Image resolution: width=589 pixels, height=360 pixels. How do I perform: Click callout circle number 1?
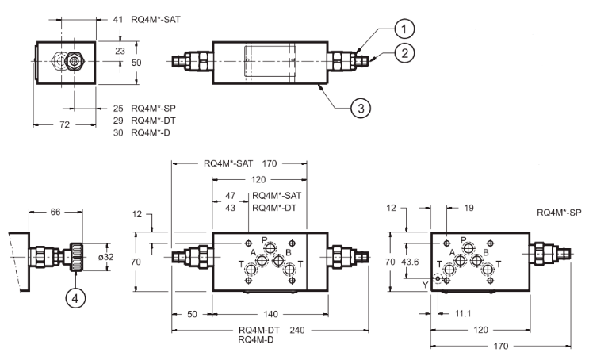click(405, 29)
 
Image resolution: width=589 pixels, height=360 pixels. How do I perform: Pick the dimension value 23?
click(120, 49)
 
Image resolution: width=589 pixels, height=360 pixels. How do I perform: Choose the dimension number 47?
click(231, 195)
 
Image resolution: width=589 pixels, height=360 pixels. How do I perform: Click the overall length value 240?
click(297, 330)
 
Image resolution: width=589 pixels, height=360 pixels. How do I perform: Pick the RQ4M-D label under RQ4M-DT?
click(255, 339)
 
